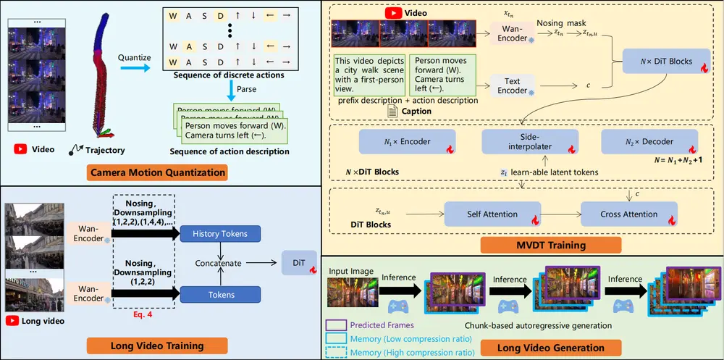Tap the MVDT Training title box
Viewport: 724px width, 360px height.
pyautogui.click(x=525, y=245)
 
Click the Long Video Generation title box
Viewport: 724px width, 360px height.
pyautogui.click(x=551, y=348)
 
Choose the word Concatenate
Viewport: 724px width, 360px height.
pyautogui.click(x=219, y=263)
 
